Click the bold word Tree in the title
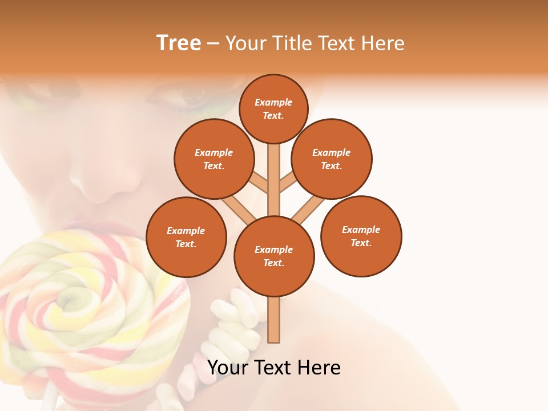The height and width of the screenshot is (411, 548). click(179, 43)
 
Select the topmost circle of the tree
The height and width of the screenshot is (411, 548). click(273, 108)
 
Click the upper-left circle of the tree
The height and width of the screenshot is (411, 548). click(214, 159)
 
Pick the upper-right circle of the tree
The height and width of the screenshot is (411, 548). click(332, 159)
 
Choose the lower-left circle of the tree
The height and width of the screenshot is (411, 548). click(186, 237)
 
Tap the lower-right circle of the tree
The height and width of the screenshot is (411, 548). click(361, 236)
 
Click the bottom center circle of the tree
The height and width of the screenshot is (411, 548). click(274, 256)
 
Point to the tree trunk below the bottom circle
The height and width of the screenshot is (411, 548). click(274, 320)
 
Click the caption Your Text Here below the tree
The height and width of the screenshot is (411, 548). click(274, 368)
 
